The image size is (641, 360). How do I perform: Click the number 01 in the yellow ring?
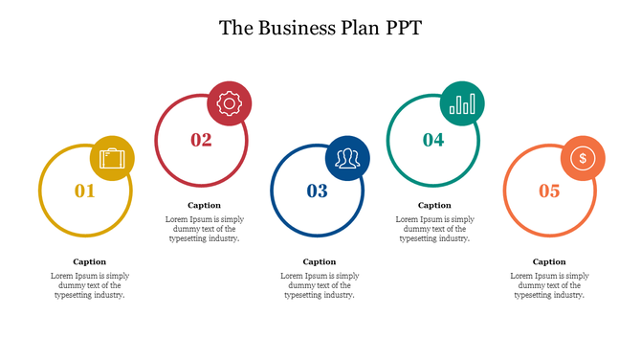[x=85, y=191]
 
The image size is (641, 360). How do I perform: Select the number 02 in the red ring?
[x=201, y=140]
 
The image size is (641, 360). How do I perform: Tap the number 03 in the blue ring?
[x=318, y=191]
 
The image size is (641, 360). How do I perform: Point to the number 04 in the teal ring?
[x=433, y=140]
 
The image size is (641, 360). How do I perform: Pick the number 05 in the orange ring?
[x=549, y=191]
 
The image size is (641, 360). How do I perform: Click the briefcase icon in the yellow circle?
[x=113, y=158]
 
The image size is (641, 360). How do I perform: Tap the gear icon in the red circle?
[x=230, y=103]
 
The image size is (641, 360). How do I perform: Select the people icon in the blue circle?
[x=346, y=158]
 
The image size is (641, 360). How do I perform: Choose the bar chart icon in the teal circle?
[x=463, y=103]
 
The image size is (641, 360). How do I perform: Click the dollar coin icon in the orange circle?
[x=581, y=158]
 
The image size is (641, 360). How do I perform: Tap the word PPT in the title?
[x=403, y=27]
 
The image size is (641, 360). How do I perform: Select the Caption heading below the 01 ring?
[x=89, y=261]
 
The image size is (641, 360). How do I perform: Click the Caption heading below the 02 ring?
[x=204, y=205]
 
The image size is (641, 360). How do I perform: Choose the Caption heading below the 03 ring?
[x=320, y=261]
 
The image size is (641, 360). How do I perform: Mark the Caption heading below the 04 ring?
[x=434, y=205]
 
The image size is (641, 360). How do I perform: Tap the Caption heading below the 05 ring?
[x=549, y=261]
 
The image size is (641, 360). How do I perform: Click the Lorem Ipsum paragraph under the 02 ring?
[x=204, y=229]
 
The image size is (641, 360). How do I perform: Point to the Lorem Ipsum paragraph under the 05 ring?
[x=549, y=285]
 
